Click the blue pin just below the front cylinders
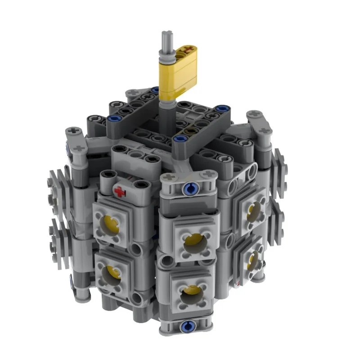tap(184, 325)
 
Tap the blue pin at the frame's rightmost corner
tap(221, 108)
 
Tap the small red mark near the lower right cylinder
tap(237, 284)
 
